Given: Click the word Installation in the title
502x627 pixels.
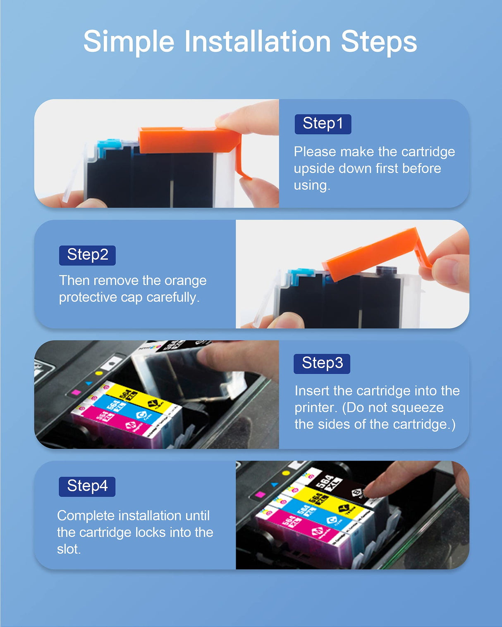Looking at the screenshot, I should tap(257, 41).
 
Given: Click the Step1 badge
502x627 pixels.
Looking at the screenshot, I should tap(323, 124).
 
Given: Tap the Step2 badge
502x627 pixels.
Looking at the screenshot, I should tap(87, 255).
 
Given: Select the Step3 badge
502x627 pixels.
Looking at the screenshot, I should tap(322, 363).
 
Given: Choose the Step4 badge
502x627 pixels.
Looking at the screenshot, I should tap(87, 486).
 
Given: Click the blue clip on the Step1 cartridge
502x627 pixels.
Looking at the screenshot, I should tap(109, 145).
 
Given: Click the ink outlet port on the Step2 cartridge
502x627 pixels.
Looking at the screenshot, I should tap(387, 271).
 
